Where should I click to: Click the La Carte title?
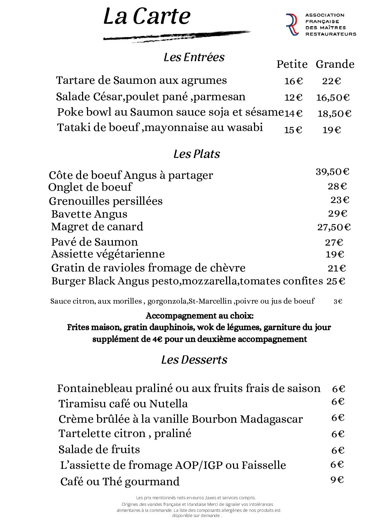point(147,16)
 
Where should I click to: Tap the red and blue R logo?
point(292,24)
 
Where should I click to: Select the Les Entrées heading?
point(194,57)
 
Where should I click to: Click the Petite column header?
point(292,64)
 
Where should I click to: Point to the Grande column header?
point(335,64)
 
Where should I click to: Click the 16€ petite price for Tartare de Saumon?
point(293,81)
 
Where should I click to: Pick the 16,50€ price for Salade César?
point(333,97)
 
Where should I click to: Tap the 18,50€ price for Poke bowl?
point(334,114)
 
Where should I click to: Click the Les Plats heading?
point(197,154)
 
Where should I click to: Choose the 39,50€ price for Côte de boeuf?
point(332,172)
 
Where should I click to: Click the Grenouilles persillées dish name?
point(106,201)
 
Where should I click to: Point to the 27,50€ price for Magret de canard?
point(334,227)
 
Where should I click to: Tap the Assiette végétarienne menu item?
point(108,254)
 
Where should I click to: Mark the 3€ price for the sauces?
point(338,302)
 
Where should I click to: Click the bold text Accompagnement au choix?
point(199,316)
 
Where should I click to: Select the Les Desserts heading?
point(194,360)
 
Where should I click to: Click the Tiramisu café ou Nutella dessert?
point(123,404)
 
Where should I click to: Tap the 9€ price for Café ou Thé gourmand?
point(337,480)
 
